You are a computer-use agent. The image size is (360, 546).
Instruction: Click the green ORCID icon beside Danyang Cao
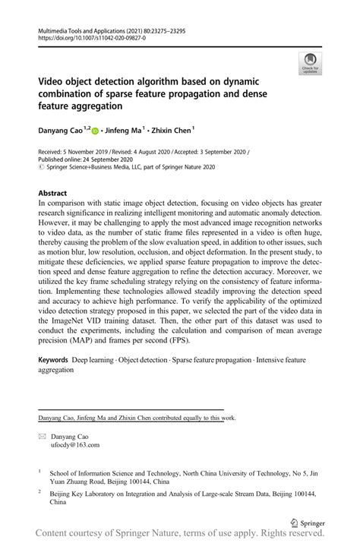pos(96,130)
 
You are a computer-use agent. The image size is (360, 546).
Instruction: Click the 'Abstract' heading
pos(52,194)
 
